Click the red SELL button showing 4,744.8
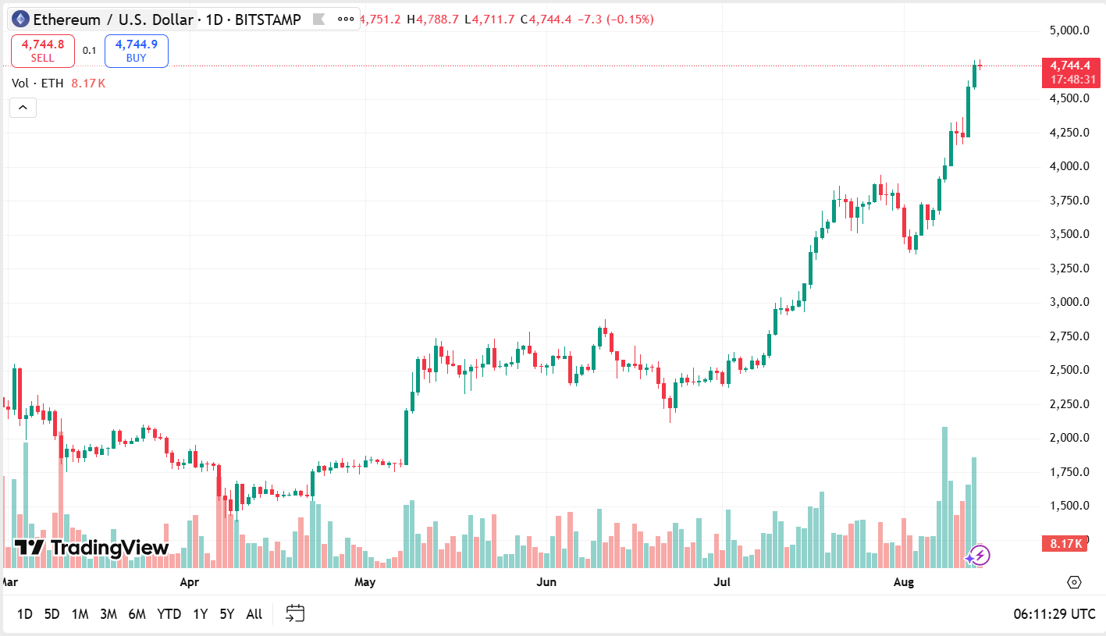(x=43, y=51)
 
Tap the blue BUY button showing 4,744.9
(x=136, y=51)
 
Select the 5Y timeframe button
(x=226, y=614)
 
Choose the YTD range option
(x=169, y=614)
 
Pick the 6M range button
(x=137, y=614)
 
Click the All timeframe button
(x=254, y=614)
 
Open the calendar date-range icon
(x=294, y=613)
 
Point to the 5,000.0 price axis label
(x=1069, y=30)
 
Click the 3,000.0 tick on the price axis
(x=1069, y=302)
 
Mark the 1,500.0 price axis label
(x=1069, y=506)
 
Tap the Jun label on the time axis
(x=546, y=582)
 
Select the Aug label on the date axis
(x=903, y=582)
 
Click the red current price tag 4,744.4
(x=1070, y=66)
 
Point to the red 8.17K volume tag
(x=1065, y=544)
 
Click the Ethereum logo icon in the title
(x=20, y=20)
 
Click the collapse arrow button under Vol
(x=23, y=108)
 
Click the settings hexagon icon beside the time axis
(x=1074, y=582)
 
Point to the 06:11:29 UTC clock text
(x=1054, y=614)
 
